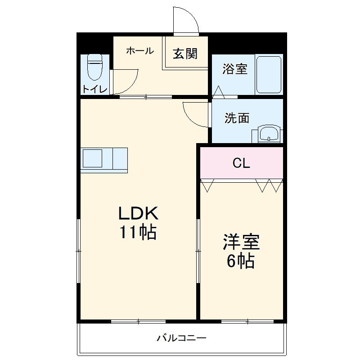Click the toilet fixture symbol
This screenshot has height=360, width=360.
[x=95, y=67]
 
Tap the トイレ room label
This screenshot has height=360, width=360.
[x=94, y=89]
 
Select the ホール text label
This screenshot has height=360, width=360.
[x=139, y=51]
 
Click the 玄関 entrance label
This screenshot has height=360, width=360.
[x=185, y=54]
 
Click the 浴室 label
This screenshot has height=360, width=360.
[x=235, y=69]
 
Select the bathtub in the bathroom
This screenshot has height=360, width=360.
[x=269, y=74]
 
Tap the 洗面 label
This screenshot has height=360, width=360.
[x=237, y=118]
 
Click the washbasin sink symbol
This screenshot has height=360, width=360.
[x=270, y=134]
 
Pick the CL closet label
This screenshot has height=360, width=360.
[x=241, y=163]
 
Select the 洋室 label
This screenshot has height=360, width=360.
[x=241, y=242]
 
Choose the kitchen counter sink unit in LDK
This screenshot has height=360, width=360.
[x=104, y=160]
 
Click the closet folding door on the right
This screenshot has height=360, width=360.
[x=269, y=185]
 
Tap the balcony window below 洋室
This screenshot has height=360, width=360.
[x=247, y=321]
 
